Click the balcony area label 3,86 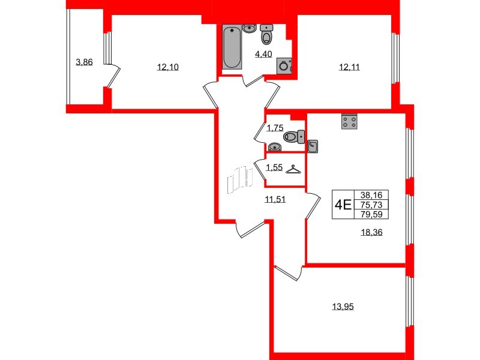[84, 61]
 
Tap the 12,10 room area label [168, 67]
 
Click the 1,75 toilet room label [274, 127]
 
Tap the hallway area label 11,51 [275, 200]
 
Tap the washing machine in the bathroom [285, 67]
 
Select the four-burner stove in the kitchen [349, 122]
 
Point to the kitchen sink [313, 145]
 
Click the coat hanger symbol [293, 170]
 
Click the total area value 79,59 [372, 213]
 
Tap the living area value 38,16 [372, 194]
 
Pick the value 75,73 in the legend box [372, 204]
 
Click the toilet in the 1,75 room [292, 137]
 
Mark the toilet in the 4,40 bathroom [266, 36]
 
